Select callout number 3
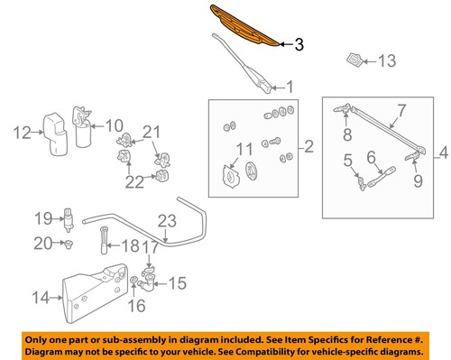[300, 44]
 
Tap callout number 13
[386, 62]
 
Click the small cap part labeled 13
[354, 60]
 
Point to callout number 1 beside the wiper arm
[290, 88]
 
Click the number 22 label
[134, 183]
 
